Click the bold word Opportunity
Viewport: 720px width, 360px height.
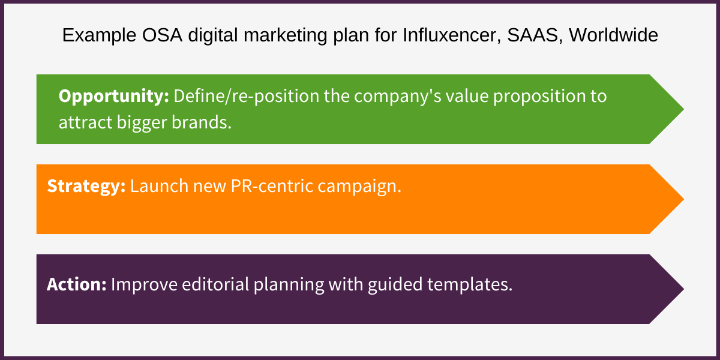(113, 97)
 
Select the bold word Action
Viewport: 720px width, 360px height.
(77, 284)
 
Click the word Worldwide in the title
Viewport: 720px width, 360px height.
(613, 36)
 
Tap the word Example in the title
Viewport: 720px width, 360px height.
(94, 36)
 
